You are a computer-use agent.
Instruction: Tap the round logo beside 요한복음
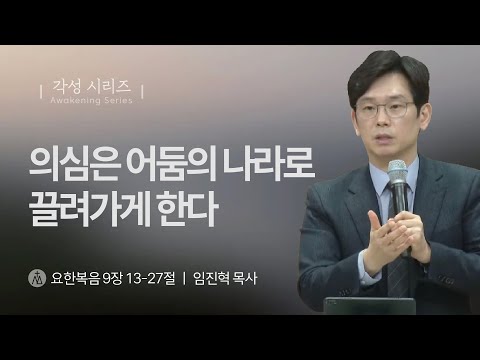37,274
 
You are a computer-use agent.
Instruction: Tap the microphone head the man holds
398,170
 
